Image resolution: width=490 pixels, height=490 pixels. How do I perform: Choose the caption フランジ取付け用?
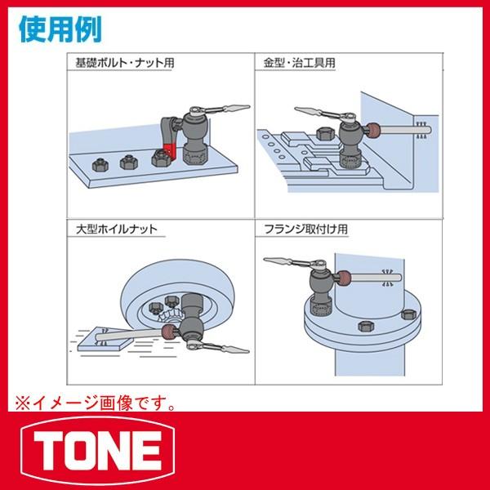(301, 230)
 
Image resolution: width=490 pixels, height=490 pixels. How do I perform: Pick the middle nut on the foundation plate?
(127, 162)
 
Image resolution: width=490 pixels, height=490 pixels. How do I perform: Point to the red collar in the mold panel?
(374, 131)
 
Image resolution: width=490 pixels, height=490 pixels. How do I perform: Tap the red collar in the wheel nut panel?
(170, 331)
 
